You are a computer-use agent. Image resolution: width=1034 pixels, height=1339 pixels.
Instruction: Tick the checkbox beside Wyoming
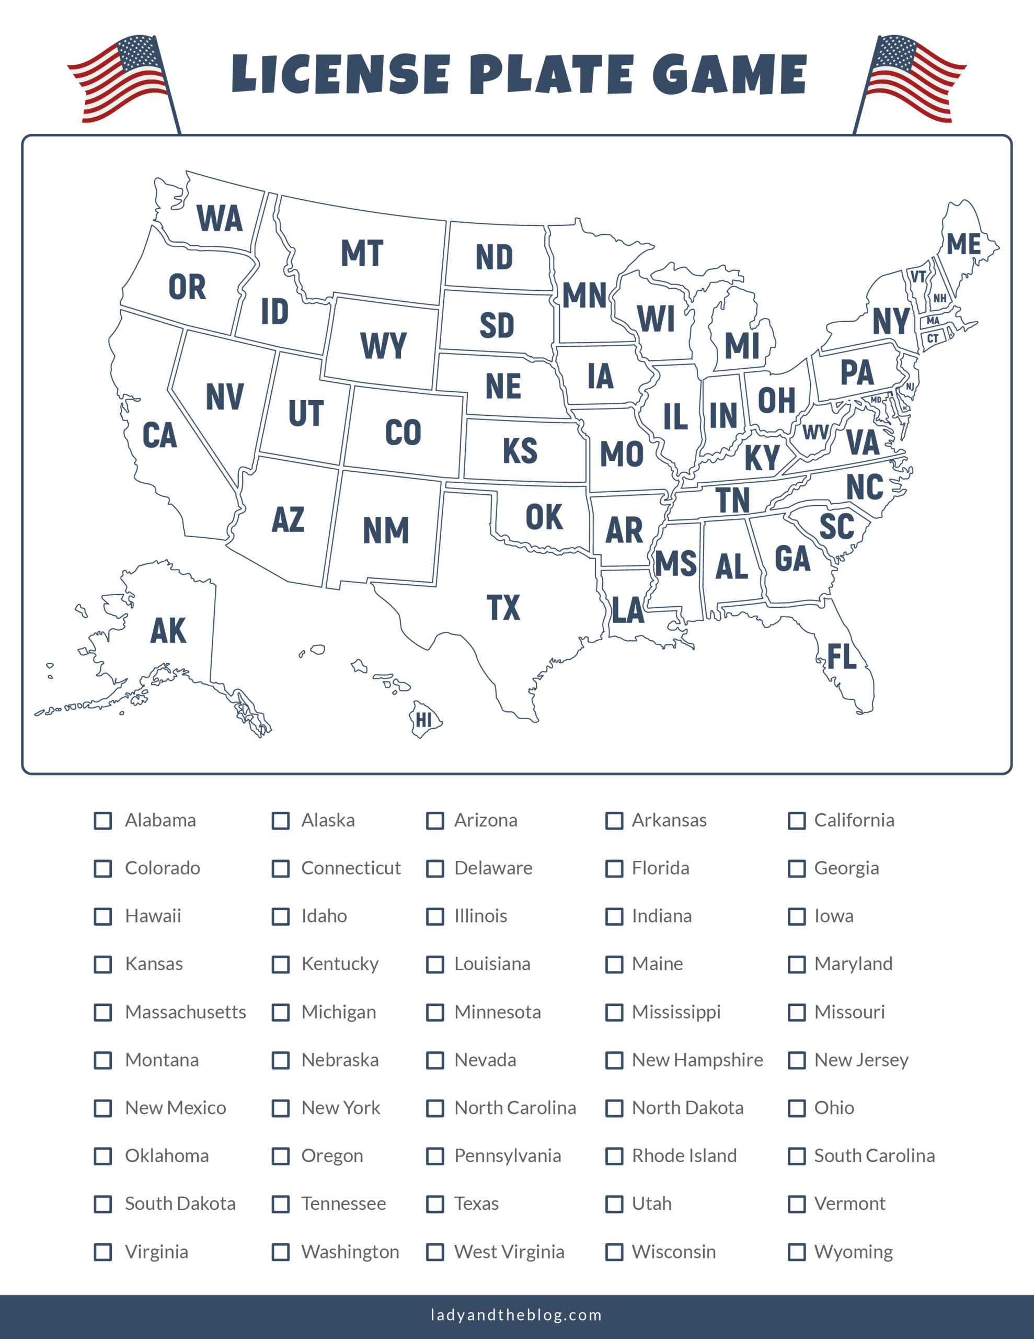click(796, 1252)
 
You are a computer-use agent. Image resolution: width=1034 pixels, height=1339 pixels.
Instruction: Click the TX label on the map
click(503, 608)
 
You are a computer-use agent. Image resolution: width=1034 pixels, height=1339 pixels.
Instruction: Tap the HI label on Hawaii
click(423, 720)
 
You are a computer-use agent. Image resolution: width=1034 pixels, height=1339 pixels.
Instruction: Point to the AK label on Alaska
click(168, 631)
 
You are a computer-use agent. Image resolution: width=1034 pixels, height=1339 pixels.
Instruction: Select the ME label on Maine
click(963, 244)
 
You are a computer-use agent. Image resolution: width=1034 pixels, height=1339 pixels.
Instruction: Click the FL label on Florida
click(842, 656)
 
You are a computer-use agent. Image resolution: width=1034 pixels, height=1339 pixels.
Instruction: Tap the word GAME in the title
click(729, 74)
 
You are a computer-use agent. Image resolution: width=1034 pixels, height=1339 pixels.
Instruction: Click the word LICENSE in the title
click(341, 74)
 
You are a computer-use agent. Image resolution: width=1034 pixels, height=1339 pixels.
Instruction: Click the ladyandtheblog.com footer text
click(516, 1314)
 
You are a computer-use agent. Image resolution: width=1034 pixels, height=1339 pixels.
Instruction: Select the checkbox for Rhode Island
click(614, 1156)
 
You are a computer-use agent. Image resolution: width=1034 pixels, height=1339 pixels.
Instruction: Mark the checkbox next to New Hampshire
click(614, 1060)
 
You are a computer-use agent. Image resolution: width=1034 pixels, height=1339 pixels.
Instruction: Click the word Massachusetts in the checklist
click(185, 1012)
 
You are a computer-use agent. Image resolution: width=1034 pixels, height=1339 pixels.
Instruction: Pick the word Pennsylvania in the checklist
click(508, 1156)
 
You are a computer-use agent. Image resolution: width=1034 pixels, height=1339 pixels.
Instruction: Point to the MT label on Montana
click(362, 253)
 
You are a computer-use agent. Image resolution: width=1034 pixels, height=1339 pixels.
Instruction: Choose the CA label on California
click(159, 435)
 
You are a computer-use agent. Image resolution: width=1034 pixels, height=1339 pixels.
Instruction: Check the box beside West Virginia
click(435, 1252)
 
